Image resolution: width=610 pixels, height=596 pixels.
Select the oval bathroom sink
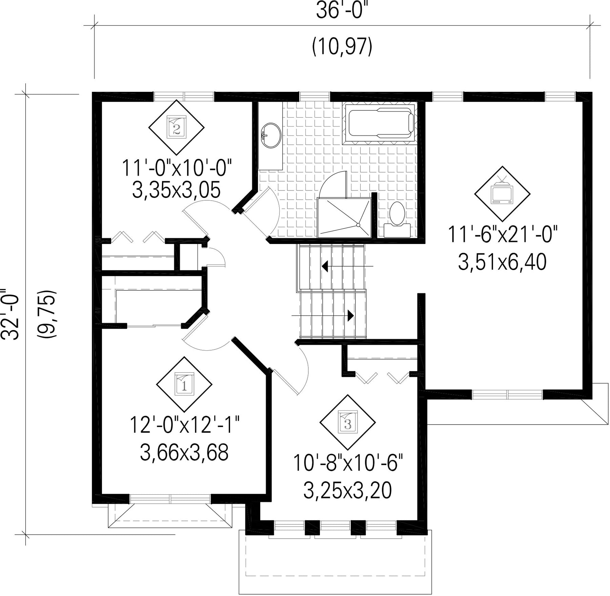coord(271,136)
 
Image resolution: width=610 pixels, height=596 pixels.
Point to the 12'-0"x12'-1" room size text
coord(185,425)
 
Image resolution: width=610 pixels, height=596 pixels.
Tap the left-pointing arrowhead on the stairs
coord(324,266)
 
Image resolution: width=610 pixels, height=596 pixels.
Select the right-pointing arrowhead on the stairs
coord(351,316)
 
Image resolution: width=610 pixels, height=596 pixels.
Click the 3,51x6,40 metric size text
coord(503,262)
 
